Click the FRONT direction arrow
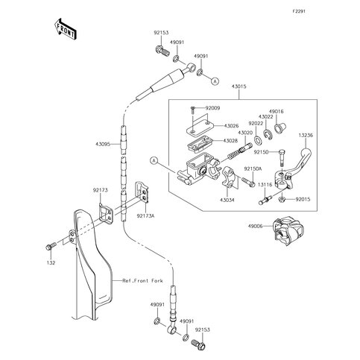coord(65,29)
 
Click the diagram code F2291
coord(299,11)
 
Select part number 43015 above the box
coord(239,86)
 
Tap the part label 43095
coord(103,144)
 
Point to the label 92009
coord(212,108)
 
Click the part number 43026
coord(231,126)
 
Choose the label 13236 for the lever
coord(306,136)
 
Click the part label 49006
coord(255,226)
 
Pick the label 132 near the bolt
coord(51,263)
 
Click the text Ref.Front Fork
coord(143,281)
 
